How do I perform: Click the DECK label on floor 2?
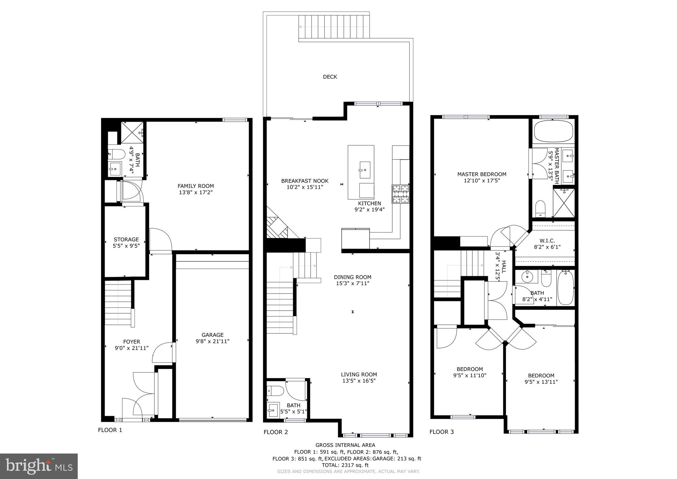(x=330, y=77)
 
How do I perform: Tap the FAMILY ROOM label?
(x=195, y=186)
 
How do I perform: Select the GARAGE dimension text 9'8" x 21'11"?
(x=212, y=341)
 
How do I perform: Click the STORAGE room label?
(x=126, y=239)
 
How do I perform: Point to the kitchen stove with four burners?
(x=400, y=194)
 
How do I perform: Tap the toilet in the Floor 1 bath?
(x=116, y=154)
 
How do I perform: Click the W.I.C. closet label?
(x=547, y=241)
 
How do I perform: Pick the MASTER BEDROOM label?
(x=482, y=174)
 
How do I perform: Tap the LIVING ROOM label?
(x=359, y=374)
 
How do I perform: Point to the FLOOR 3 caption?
(x=441, y=432)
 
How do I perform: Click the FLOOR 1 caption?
(x=110, y=430)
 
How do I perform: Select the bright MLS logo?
(x=39, y=466)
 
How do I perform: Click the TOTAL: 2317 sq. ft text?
(x=345, y=465)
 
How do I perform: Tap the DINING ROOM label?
(x=352, y=277)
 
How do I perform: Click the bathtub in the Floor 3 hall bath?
(x=566, y=287)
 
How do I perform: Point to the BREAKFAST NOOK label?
(x=305, y=181)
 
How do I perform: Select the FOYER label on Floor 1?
(x=132, y=342)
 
